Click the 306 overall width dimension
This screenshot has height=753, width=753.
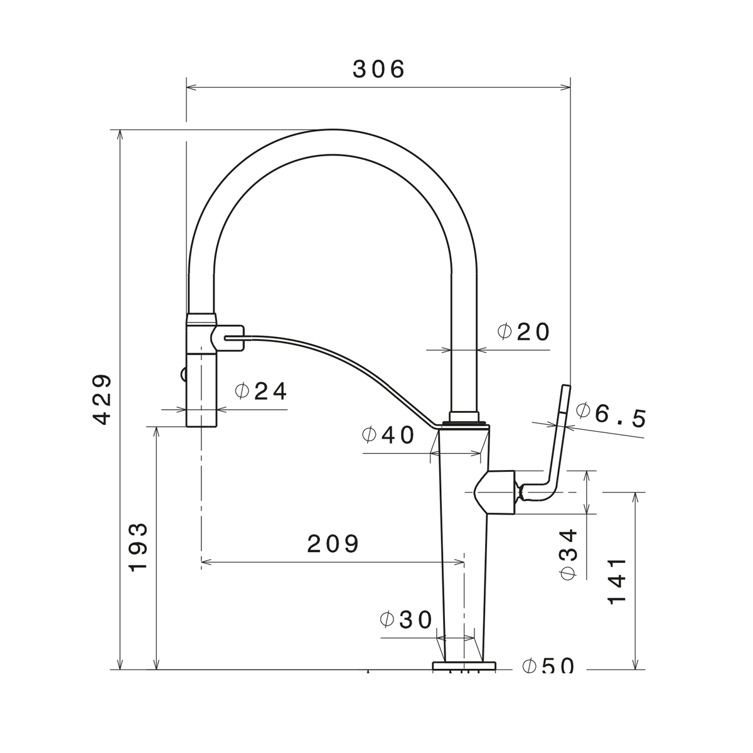pos(378,70)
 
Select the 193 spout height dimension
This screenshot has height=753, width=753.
pos(139,547)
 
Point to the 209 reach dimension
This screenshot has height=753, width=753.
pos(333,543)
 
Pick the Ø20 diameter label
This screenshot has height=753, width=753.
pos(523,332)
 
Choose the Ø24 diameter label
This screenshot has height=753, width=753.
pos(261,391)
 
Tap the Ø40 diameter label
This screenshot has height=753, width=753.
pos(388,435)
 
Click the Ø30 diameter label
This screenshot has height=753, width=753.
pos(407,620)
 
